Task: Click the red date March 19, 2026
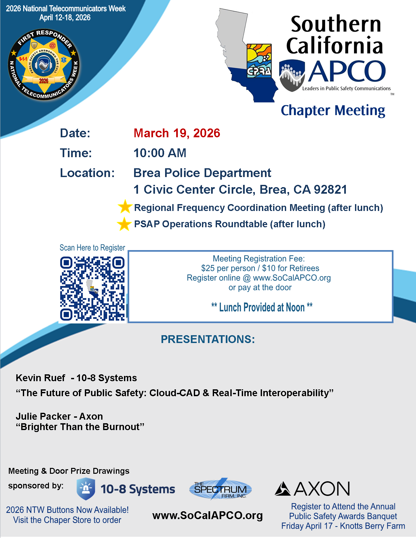(177, 133)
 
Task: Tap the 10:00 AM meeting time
(160, 153)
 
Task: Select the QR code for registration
(92, 289)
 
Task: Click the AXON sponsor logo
(312, 488)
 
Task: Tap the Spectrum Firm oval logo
(221, 489)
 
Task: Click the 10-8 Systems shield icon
(85, 489)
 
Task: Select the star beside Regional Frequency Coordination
(124, 207)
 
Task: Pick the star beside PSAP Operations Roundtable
(124, 224)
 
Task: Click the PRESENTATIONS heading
(208, 339)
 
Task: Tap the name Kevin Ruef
(40, 378)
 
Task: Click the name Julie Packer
(43, 416)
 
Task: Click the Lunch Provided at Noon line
(262, 307)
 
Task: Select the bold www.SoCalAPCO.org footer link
(208, 515)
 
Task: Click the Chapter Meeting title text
(333, 111)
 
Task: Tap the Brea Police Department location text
(202, 173)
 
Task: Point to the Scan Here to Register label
(92, 248)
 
